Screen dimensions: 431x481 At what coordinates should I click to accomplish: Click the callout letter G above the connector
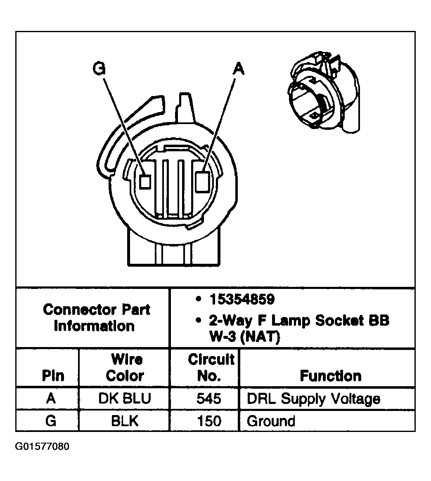(99, 68)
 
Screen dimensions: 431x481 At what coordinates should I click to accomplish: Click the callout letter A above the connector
(238, 68)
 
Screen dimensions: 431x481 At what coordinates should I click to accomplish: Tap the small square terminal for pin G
(144, 181)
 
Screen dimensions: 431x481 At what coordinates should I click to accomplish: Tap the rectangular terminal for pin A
(202, 181)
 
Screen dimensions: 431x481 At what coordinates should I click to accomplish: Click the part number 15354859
(242, 300)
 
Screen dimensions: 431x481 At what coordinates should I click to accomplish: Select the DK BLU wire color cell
(124, 399)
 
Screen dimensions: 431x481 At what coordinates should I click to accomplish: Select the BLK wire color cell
(124, 421)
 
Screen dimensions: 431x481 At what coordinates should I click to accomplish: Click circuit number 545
(209, 399)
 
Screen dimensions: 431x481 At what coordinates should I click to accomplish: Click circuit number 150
(209, 421)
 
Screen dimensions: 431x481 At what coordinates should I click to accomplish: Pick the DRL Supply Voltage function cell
(313, 399)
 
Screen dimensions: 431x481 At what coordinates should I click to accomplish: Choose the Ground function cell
(271, 421)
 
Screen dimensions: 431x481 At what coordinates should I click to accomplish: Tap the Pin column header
(53, 376)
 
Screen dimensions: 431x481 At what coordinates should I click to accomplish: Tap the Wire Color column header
(125, 368)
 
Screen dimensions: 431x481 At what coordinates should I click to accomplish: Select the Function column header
(330, 376)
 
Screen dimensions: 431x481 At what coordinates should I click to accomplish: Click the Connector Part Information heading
(96, 317)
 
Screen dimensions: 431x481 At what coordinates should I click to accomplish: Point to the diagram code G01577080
(42, 447)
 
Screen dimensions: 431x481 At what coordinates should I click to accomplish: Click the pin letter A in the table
(51, 399)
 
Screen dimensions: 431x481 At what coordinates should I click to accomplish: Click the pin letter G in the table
(51, 421)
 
